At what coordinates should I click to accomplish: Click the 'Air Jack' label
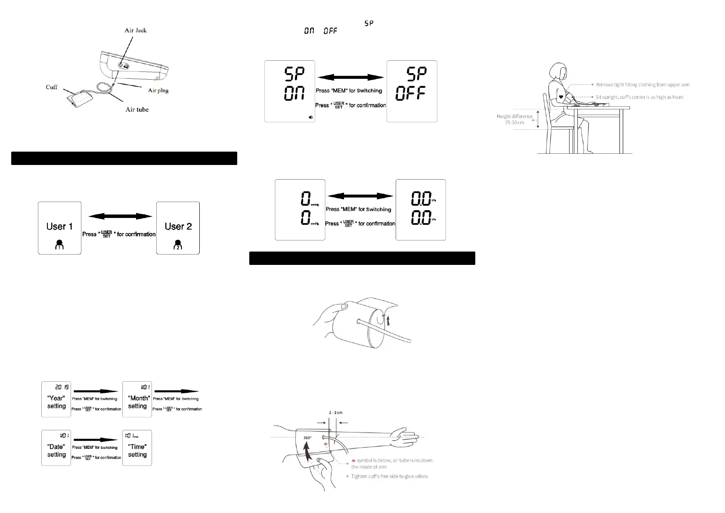(x=136, y=30)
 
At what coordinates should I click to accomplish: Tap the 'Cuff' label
(x=52, y=87)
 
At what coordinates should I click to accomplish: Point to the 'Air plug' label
(x=158, y=90)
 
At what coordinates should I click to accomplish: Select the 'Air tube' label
(x=137, y=109)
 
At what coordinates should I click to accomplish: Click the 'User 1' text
(x=59, y=227)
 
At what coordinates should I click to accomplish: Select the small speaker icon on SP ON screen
(x=311, y=117)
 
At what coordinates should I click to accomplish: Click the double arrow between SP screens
(x=350, y=78)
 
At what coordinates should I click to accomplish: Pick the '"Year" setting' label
(x=56, y=402)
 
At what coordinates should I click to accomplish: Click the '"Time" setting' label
(x=137, y=451)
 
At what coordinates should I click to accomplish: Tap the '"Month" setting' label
(x=137, y=402)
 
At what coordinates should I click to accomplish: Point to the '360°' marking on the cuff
(x=307, y=438)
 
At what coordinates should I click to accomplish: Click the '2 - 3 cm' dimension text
(x=335, y=413)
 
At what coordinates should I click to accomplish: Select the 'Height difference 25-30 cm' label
(x=514, y=119)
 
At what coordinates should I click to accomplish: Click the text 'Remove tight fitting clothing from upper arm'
(x=642, y=85)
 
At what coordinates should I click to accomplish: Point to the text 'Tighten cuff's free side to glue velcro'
(x=389, y=476)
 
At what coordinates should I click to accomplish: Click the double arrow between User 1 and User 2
(x=120, y=216)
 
